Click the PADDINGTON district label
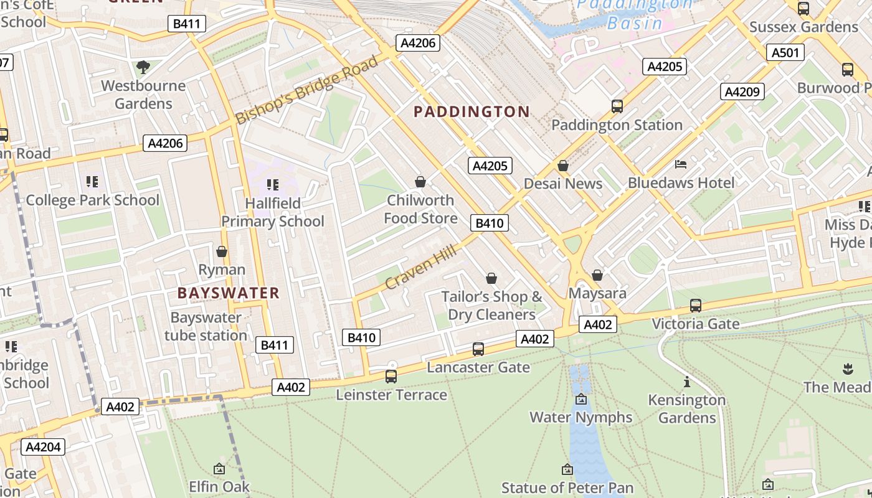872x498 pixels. (472, 112)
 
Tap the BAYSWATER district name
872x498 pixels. (228, 293)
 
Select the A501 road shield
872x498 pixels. (785, 53)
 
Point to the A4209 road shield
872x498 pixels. (742, 92)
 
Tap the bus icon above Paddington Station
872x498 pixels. (617, 106)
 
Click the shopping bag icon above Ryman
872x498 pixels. (221, 251)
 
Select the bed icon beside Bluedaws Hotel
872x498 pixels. (681, 164)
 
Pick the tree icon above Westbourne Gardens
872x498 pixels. (143, 67)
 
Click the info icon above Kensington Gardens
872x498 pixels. (687, 382)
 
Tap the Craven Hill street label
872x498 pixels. (420, 267)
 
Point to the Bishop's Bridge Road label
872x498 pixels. (306, 90)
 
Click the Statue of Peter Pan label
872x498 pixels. (567, 488)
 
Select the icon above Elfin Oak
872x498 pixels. (219, 469)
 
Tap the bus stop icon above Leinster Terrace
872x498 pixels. (391, 377)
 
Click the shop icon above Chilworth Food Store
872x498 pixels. (420, 182)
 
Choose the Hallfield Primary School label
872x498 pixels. (273, 212)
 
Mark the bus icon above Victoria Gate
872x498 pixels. (695, 306)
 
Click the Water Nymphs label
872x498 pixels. (581, 417)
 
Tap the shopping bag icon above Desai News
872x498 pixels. (563, 166)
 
